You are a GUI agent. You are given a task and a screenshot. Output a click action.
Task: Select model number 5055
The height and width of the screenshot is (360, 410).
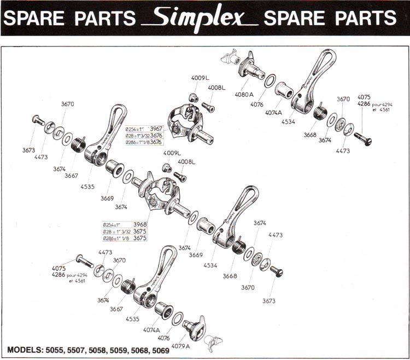(x=62, y=349)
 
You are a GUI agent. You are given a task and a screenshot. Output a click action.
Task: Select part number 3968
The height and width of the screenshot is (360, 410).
(x=140, y=224)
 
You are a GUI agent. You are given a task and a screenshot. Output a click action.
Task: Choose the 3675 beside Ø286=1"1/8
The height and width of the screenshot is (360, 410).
(x=140, y=239)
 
